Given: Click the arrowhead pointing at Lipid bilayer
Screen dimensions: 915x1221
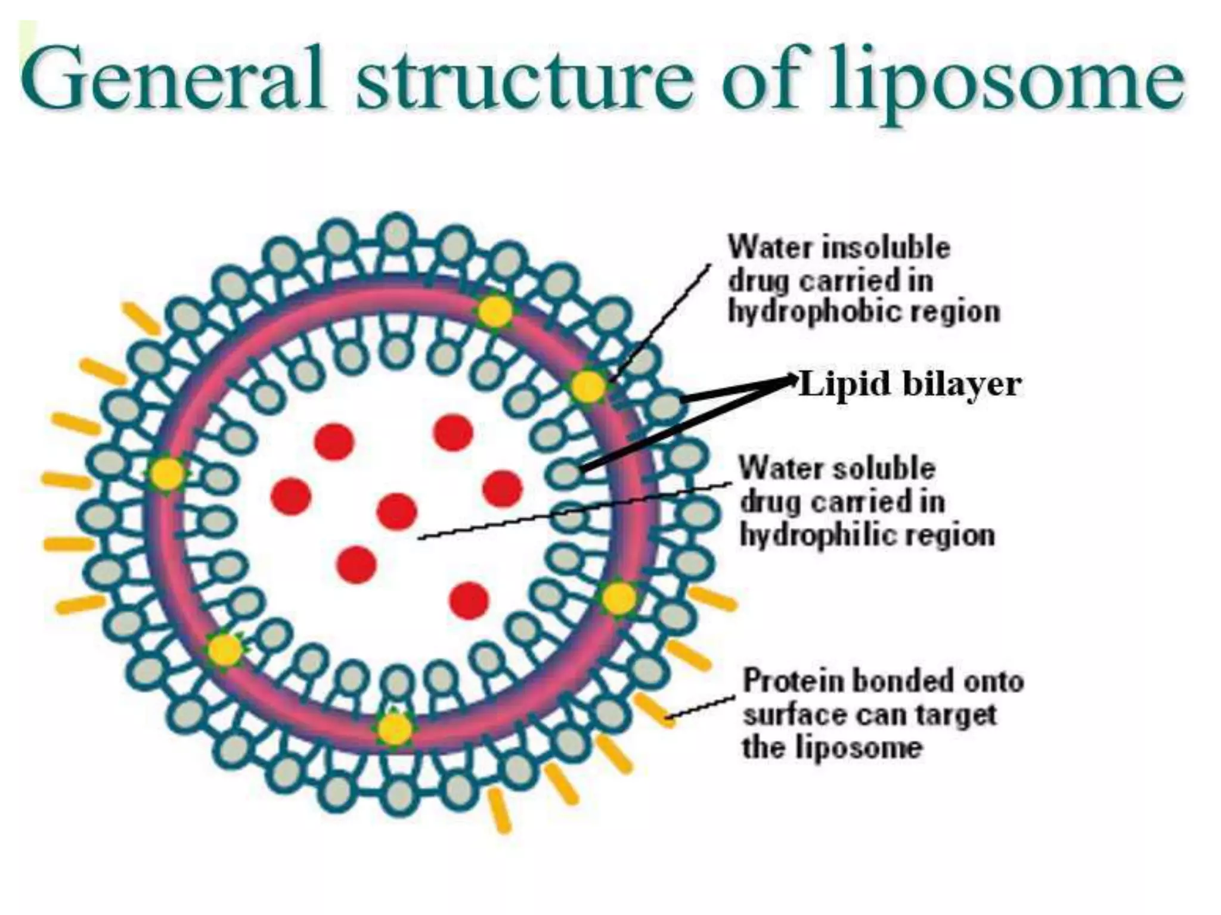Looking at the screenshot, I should [792, 377].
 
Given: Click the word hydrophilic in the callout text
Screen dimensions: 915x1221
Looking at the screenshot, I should [829, 534].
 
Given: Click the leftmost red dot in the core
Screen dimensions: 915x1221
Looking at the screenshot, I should [291, 496].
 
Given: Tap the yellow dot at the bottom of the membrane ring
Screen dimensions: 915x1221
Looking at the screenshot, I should [395, 728].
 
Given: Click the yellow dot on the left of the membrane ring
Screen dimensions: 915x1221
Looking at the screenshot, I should [167, 474].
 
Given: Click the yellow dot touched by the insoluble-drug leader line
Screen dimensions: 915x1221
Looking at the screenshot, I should [588, 387].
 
